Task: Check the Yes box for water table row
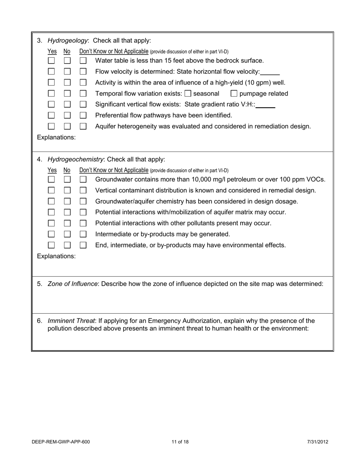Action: [52, 61]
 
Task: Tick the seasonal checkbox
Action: [188, 94]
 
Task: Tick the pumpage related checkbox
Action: [234, 94]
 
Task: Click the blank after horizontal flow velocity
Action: [270, 72]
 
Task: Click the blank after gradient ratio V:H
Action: [266, 105]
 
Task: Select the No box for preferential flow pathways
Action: [67, 116]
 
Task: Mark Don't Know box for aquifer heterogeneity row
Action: [83, 127]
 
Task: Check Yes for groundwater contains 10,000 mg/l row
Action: [52, 180]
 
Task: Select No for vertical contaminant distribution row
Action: [67, 191]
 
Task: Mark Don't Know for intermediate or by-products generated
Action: [83, 235]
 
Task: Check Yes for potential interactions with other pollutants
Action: [52, 224]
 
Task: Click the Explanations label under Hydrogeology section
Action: [56, 138]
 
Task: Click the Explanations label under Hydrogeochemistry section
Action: [56, 256]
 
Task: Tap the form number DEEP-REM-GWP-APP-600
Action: [61, 442]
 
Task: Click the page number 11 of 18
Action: [180, 442]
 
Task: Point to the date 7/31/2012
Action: [318, 442]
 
